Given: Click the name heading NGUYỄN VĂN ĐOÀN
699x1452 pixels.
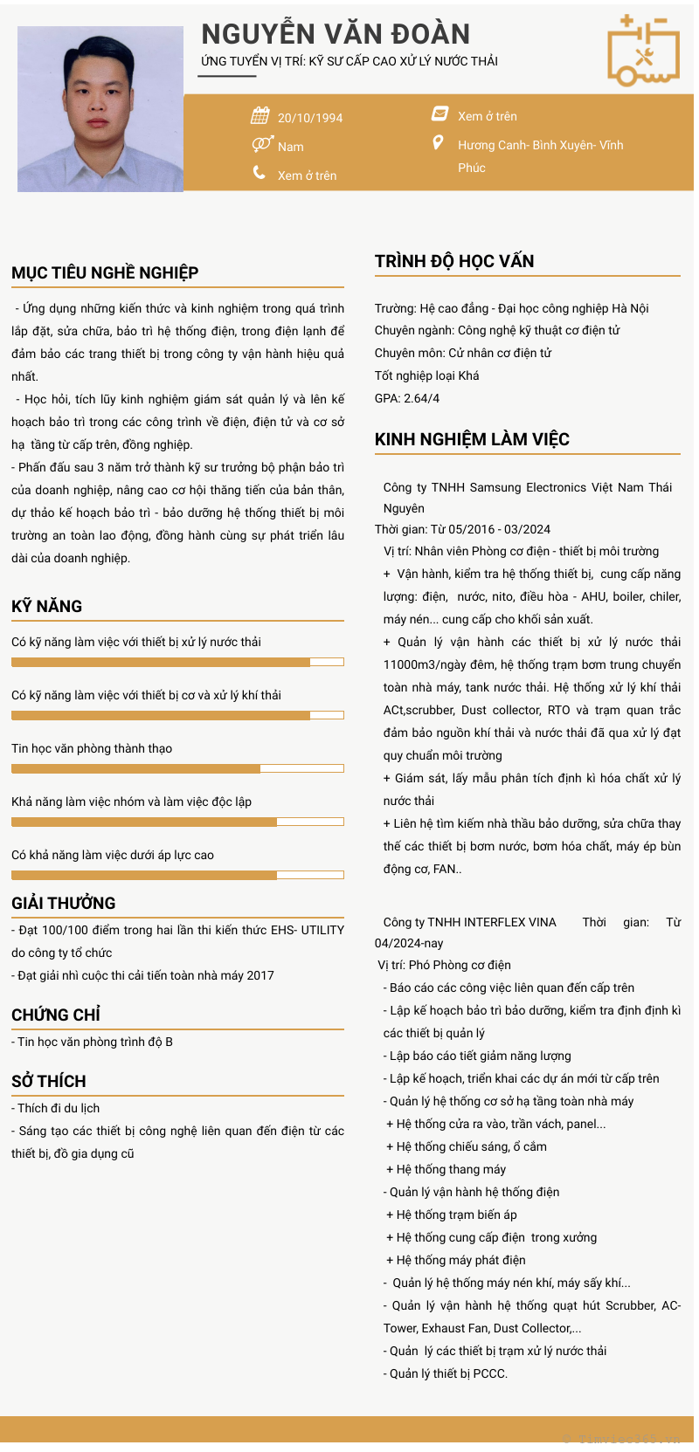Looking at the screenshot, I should pos(336,34).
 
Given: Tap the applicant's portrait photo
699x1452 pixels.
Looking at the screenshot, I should pos(100,109).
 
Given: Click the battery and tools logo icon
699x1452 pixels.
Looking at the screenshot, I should pos(643,51).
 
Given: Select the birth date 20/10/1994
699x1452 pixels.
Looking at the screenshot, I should pos(310,118).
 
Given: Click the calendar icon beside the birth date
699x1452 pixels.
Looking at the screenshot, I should pos(260,115).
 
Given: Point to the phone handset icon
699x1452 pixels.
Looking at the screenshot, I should pos(260,173).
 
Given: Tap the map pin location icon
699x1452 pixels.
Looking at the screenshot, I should pos(438,142).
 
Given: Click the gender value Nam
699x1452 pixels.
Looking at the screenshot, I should pos(291,147).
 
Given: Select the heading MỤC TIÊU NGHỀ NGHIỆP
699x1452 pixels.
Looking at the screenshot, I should pos(105,272).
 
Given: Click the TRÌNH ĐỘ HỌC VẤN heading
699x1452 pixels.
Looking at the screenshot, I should pos(454,261).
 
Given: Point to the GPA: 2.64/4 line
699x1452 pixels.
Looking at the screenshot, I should pos(407,398).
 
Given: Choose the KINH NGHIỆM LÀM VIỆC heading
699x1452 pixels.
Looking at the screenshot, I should pos(472,439).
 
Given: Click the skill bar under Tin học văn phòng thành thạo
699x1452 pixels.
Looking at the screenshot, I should pos(177,768).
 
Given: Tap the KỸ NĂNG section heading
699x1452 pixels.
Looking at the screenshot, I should pos(47,606).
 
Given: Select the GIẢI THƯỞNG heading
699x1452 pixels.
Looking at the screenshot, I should pos(64,903).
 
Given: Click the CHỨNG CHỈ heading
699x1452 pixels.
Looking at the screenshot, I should pos(56,1015).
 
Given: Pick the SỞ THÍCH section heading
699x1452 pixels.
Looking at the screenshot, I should pos(49,1081).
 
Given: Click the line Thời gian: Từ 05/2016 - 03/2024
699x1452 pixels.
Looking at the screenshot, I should pos(462,529).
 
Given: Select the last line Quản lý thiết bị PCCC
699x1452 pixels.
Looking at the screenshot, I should pos(447,1373).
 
